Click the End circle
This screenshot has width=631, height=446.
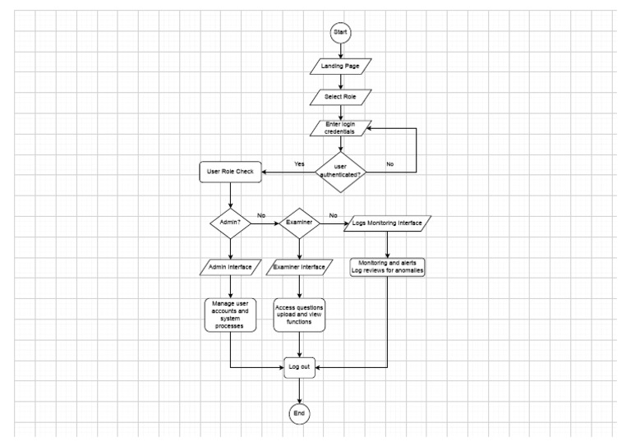[x=300, y=413]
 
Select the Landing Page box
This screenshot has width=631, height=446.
[x=340, y=65]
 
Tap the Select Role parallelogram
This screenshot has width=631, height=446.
[x=340, y=97]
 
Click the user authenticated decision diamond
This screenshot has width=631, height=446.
[x=340, y=171]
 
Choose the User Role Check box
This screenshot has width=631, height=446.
[x=231, y=173]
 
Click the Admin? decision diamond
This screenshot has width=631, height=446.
[x=231, y=222]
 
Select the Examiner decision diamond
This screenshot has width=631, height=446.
[x=300, y=222]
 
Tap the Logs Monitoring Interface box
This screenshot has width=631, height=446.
[x=387, y=222]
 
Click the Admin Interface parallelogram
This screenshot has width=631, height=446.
[x=231, y=267]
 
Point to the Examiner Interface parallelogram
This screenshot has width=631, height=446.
[x=300, y=267]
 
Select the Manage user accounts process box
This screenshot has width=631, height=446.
[x=231, y=314]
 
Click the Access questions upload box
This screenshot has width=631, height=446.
[x=300, y=315]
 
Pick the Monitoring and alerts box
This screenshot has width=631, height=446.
[x=387, y=266]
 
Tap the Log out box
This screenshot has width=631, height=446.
[x=300, y=367]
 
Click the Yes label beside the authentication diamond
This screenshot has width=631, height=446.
[x=300, y=163]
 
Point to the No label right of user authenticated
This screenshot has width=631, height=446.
[x=389, y=163]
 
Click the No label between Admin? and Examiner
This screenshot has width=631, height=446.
[x=262, y=215]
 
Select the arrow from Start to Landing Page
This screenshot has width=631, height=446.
[x=340, y=48]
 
